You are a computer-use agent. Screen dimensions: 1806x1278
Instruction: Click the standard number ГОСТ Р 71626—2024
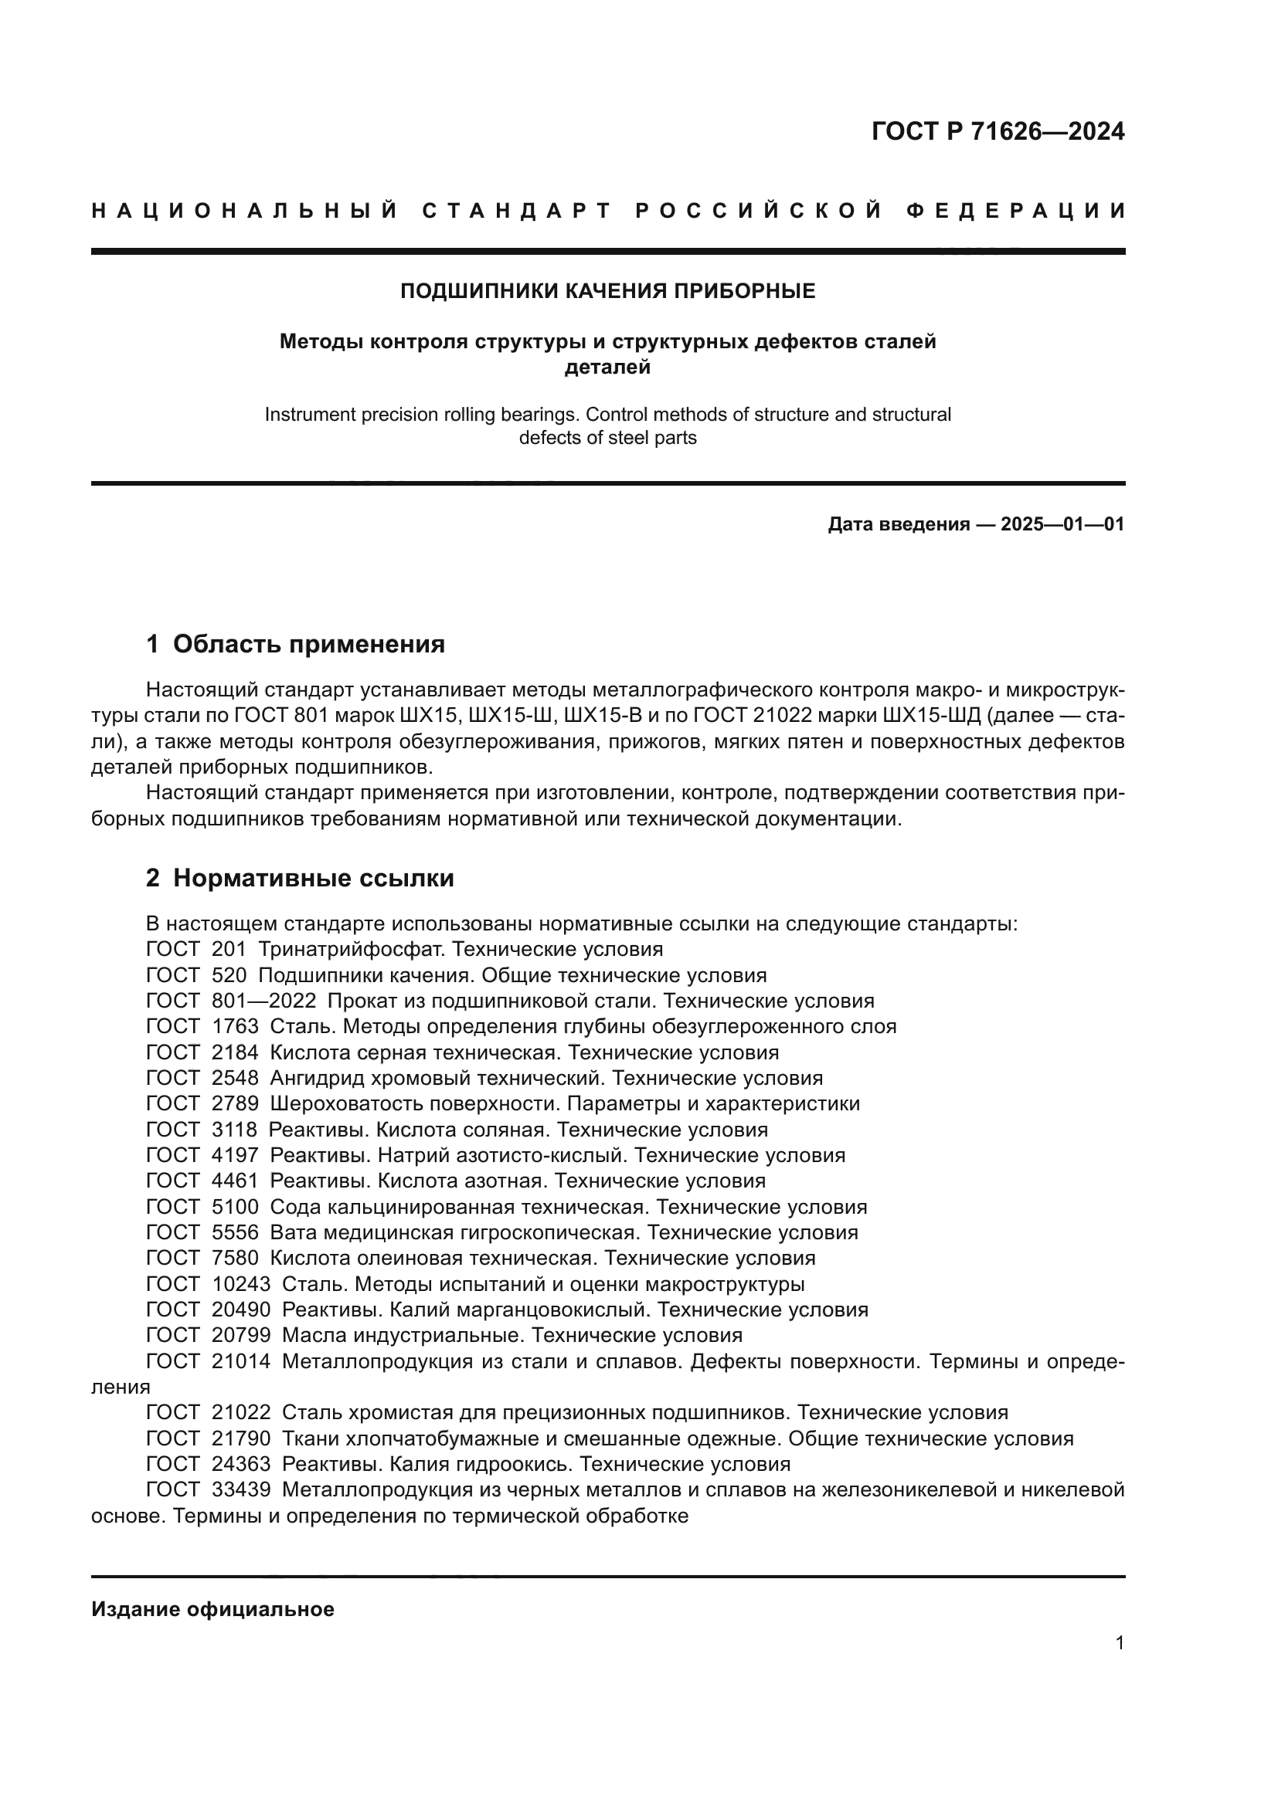pos(997,131)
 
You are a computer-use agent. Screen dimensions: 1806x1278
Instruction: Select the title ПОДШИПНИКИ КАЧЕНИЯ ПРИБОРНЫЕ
pos(607,291)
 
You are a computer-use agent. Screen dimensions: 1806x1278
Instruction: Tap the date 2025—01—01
pos(1062,524)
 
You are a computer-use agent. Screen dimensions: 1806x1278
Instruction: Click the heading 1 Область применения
pos(295,644)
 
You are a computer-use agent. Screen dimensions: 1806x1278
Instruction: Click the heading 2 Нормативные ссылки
pos(300,878)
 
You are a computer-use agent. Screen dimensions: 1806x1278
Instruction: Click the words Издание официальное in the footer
pos(212,1609)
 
